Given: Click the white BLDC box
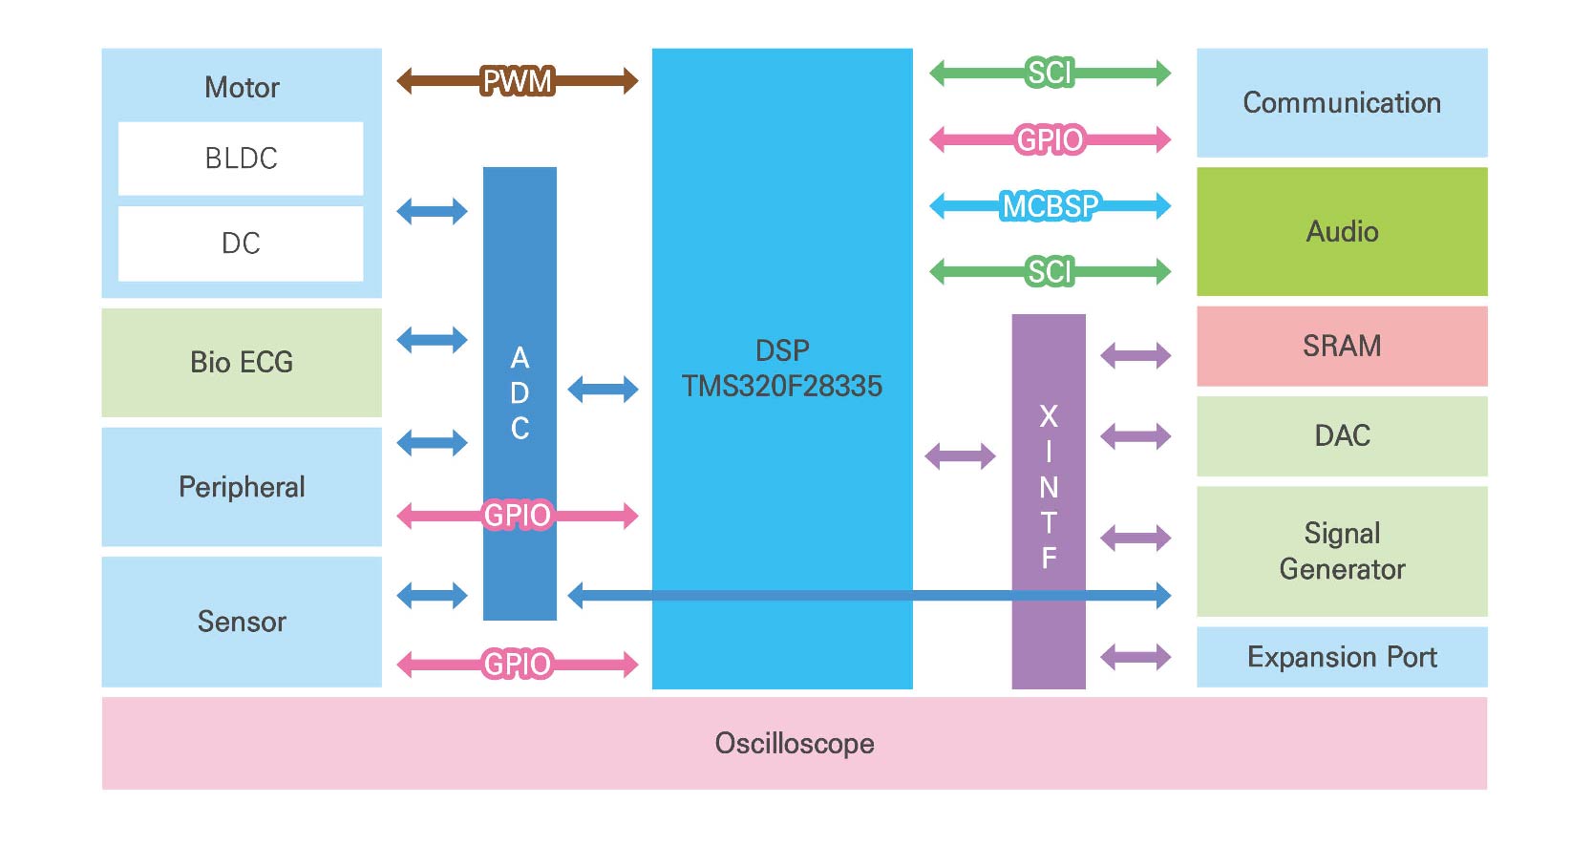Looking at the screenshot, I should (x=241, y=158).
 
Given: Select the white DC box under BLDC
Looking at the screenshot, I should (x=241, y=243).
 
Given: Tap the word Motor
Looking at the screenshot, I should (x=242, y=88).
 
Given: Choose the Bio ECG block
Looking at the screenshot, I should (x=242, y=362).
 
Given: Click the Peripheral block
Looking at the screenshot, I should (x=242, y=487).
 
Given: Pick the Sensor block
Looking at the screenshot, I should (x=242, y=622).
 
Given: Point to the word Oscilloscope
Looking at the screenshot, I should (x=795, y=743).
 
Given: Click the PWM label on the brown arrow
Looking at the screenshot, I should (x=517, y=81).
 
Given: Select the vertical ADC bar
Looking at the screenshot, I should (x=520, y=286).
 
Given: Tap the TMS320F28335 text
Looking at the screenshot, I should (x=781, y=386).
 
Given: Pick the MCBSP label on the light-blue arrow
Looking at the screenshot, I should (x=1051, y=205).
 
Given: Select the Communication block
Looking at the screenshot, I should (x=1342, y=102).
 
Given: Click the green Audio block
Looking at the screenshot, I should (x=1342, y=231).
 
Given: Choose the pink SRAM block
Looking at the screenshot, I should (x=1342, y=346).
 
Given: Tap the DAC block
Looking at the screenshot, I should (x=1342, y=435).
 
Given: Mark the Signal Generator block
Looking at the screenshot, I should (x=1342, y=551).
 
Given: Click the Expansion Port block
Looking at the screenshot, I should (x=1342, y=657).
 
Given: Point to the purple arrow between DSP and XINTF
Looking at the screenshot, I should (x=960, y=456).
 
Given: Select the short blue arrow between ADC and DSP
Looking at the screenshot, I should (x=603, y=389).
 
